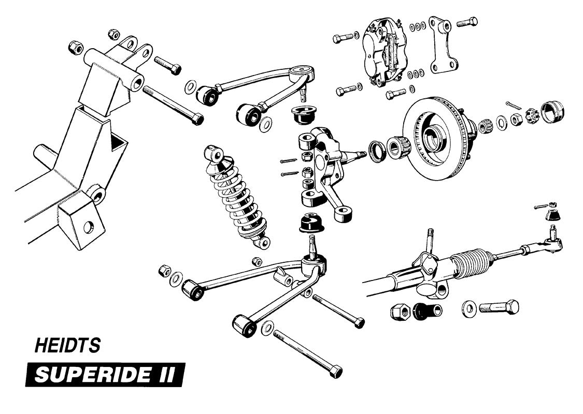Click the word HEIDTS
(x=67, y=346)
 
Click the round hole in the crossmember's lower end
(x=89, y=226)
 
